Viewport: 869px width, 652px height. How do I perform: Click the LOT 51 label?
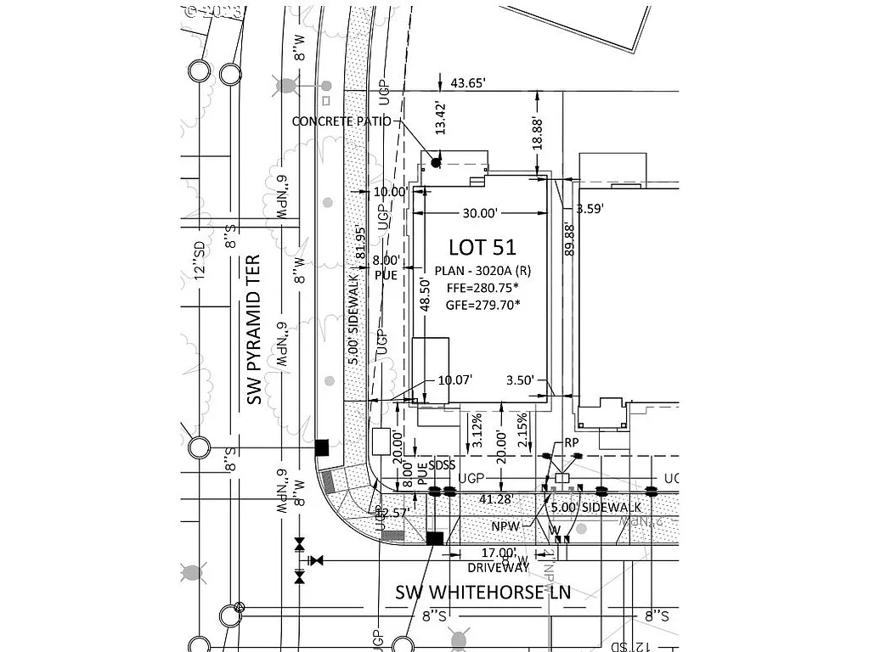[482, 247]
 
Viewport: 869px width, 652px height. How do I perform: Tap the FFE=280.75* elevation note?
[482, 289]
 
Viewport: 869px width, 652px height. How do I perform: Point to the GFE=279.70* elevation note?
[482, 306]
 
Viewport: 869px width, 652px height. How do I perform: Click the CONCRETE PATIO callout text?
[341, 121]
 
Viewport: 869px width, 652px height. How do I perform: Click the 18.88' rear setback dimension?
[537, 133]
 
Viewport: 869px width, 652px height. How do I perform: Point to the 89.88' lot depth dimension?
[569, 239]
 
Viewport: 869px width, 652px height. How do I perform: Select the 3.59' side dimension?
[590, 207]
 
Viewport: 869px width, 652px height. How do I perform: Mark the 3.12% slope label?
[477, 431]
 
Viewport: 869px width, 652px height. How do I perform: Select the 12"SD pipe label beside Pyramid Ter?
[200, 260]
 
